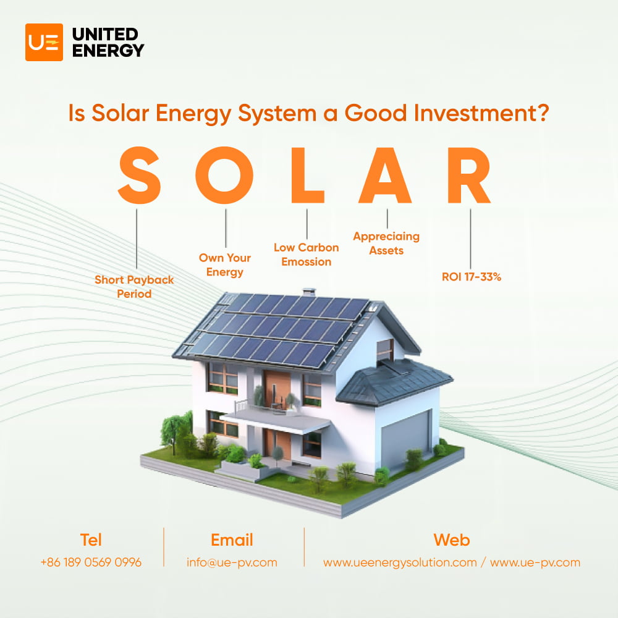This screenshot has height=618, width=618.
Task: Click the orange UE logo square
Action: point(44,42)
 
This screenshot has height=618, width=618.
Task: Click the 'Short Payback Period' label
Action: point(134,287)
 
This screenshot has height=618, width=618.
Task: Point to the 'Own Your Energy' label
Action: point(225,265)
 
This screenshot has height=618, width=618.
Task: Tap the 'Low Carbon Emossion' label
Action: point(307,255)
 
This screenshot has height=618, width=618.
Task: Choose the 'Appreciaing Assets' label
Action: point(386,243)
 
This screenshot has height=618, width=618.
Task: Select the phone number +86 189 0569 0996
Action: point(91,562)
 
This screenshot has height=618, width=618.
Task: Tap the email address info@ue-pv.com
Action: point(232,562)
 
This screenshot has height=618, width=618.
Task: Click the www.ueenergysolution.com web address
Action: point(400,562)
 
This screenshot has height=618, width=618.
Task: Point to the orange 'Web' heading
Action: point(451,540)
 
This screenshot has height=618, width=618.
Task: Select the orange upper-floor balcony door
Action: point(276,388)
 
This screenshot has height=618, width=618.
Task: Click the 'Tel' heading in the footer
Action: point(91,540)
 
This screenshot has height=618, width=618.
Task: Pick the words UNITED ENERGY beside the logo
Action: point(108,42)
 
